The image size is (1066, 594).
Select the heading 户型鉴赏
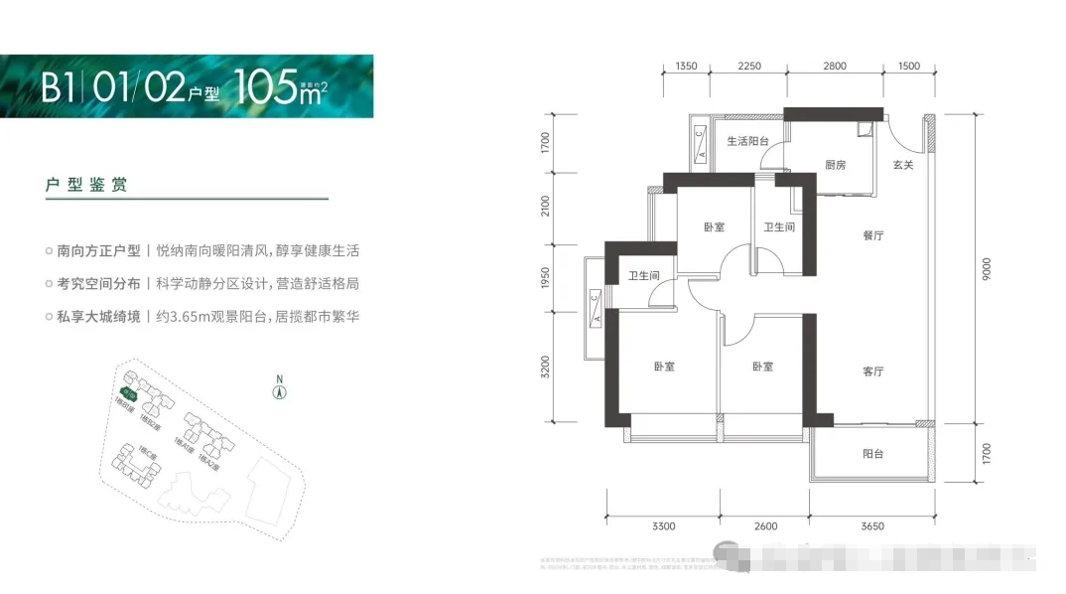86,186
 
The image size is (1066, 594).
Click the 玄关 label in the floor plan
903,165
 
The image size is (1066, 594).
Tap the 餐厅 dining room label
873,235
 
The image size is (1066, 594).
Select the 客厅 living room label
873,371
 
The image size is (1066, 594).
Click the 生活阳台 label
748,141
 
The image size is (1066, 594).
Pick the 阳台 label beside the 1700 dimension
873,454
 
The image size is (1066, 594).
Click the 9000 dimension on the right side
986,270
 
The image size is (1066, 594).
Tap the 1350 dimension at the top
687,67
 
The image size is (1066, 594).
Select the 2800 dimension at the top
835,67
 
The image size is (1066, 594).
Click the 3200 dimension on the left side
545,368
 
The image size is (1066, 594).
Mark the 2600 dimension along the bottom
765,525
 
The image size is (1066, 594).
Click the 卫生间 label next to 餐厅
779,227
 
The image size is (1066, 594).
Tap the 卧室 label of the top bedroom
714,227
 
